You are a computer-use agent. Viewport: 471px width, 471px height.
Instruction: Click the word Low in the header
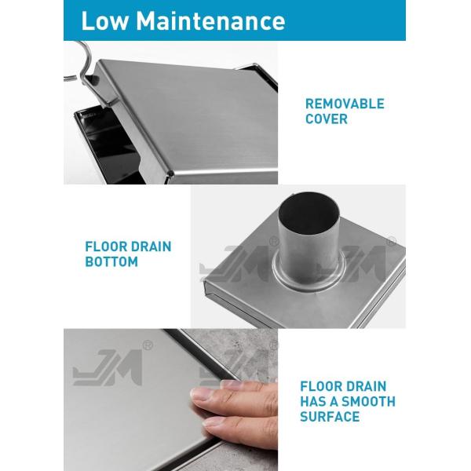point(104,20)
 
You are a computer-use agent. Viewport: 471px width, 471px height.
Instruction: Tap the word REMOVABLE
point(345,104)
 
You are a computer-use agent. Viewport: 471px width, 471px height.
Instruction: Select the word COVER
point(327,119)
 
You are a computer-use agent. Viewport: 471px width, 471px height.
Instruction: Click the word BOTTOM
point(111,262)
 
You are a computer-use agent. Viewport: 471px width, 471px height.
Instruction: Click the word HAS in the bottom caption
point(315,402)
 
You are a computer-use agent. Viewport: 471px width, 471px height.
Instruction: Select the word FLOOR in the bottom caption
point(322,386)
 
